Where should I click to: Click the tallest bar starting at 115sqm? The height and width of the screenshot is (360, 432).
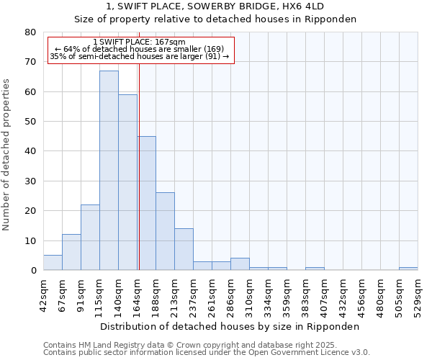click(x=109, y=171)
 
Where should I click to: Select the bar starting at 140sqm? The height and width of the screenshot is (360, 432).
click(x=127, y=182)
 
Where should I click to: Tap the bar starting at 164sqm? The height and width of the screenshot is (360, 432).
click(x=146, y=203)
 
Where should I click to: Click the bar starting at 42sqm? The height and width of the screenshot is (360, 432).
click(x=53, y=263)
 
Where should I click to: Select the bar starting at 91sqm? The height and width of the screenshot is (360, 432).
click(x=90, y=238)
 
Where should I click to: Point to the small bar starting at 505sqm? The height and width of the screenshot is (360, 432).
click(x=408, y=269)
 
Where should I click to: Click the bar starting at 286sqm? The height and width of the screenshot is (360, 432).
click(x=240, y=264)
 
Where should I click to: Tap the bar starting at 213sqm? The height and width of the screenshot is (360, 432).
click(x=184, y=249)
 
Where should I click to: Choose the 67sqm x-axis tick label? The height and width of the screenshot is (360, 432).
click(x=62, y=292)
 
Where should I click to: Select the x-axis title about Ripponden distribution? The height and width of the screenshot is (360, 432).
click(x=230, y=326)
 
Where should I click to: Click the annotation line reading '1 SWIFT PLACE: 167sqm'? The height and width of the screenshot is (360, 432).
click(x=140, y=42)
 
